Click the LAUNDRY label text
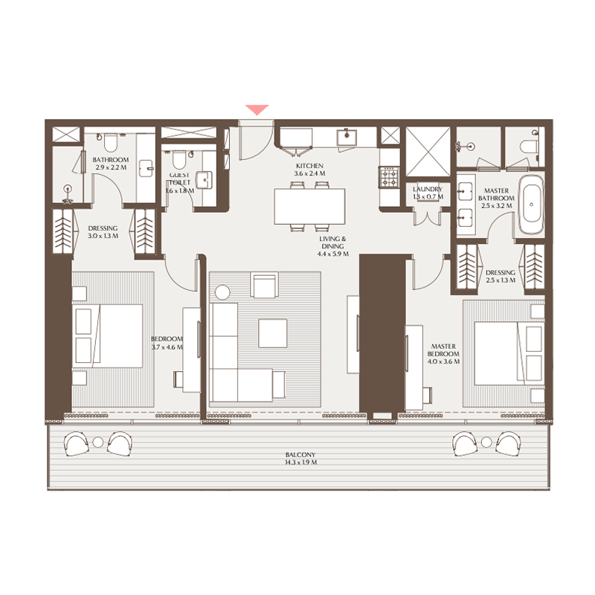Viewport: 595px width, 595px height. coord(428,190)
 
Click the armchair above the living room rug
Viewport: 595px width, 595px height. coord(265,286)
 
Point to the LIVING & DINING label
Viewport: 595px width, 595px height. coord(333,243)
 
